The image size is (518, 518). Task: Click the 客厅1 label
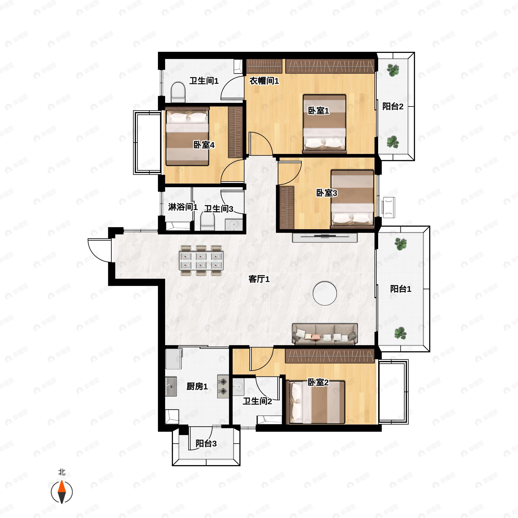[x=259, y=279]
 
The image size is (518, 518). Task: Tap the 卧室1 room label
[x=318, y=111]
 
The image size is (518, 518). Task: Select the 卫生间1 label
[x=204, y=81]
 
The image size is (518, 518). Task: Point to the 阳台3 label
[x=206, y=444]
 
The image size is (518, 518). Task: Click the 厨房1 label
[x=197, y=386]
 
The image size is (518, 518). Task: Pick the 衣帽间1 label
[x=264, y=81]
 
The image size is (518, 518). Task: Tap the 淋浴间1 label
[x=183, y=207]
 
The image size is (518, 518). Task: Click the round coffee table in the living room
[x=325, y=293]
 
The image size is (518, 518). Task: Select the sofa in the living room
[x=325, y=334]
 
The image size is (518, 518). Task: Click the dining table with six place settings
[x=201, y=261]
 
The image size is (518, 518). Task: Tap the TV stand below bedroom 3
[x=325, y=238]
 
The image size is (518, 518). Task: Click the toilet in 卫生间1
[x=178, y=93]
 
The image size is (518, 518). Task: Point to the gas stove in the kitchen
[x=223, y=386]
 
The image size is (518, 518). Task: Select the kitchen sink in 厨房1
[x=171, y=386]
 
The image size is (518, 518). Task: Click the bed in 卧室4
[x=187, y=136]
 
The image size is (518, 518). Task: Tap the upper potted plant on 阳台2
[x=393, y=70]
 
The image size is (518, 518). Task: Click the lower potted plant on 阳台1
[x=400, y=333]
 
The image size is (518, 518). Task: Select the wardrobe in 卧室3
[x=287, y=207]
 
